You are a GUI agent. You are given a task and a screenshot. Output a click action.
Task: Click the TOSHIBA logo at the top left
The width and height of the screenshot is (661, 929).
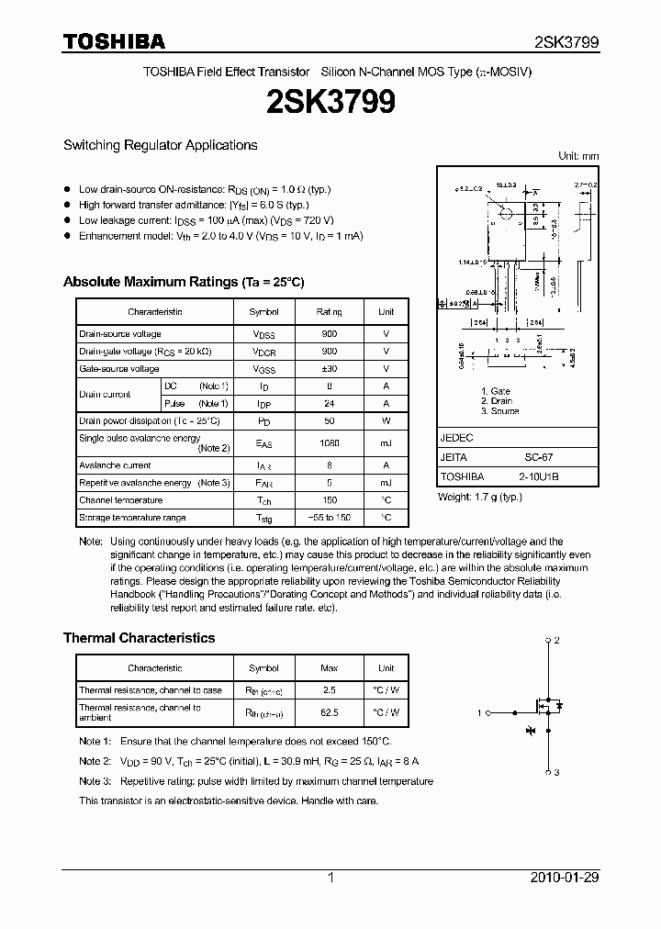pyautogui.click(x=114, y=41)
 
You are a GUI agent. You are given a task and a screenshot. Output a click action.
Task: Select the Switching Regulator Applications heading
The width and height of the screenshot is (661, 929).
pyautogui.click(x=160, y=145)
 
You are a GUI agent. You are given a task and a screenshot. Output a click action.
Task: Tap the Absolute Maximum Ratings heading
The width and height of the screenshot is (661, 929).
pyautogui.click(x=184, y=282)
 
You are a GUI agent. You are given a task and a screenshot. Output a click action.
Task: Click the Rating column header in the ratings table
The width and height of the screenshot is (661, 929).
pyautogui.click(x=329, y=312)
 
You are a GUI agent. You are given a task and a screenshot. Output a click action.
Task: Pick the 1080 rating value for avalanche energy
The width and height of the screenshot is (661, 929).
pyautogui.click(x=329, y=443)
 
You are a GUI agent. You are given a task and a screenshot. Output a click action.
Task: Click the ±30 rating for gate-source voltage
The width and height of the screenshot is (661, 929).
pyautogui.click(x=329, y=369)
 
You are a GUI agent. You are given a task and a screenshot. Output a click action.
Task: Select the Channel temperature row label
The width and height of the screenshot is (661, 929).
pyautogui.click(x=120, y=500)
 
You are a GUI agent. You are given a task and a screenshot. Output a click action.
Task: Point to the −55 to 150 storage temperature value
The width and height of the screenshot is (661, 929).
pyautogui.click(x=329, y=518)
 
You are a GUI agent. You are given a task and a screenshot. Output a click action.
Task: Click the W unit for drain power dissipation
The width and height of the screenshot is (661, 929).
pyautogui.click(x=386, y=421)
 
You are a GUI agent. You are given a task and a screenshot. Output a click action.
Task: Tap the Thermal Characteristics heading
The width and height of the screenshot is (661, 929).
pyautogui.click(x=139, y=638)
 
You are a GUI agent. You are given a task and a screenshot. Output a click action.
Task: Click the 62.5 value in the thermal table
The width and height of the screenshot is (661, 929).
pyautogui.click(x=329, y=712)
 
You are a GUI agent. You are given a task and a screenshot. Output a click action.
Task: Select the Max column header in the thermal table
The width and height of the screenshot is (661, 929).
pyautogui.click(x=329, y=668)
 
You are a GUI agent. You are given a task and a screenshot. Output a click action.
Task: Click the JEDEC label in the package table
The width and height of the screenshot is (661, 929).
pyautogui.click(x=456, y=438)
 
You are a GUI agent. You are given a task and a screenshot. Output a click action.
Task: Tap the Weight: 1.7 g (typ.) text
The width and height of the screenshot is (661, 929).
pyautogui.click(x=479, y=497)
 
